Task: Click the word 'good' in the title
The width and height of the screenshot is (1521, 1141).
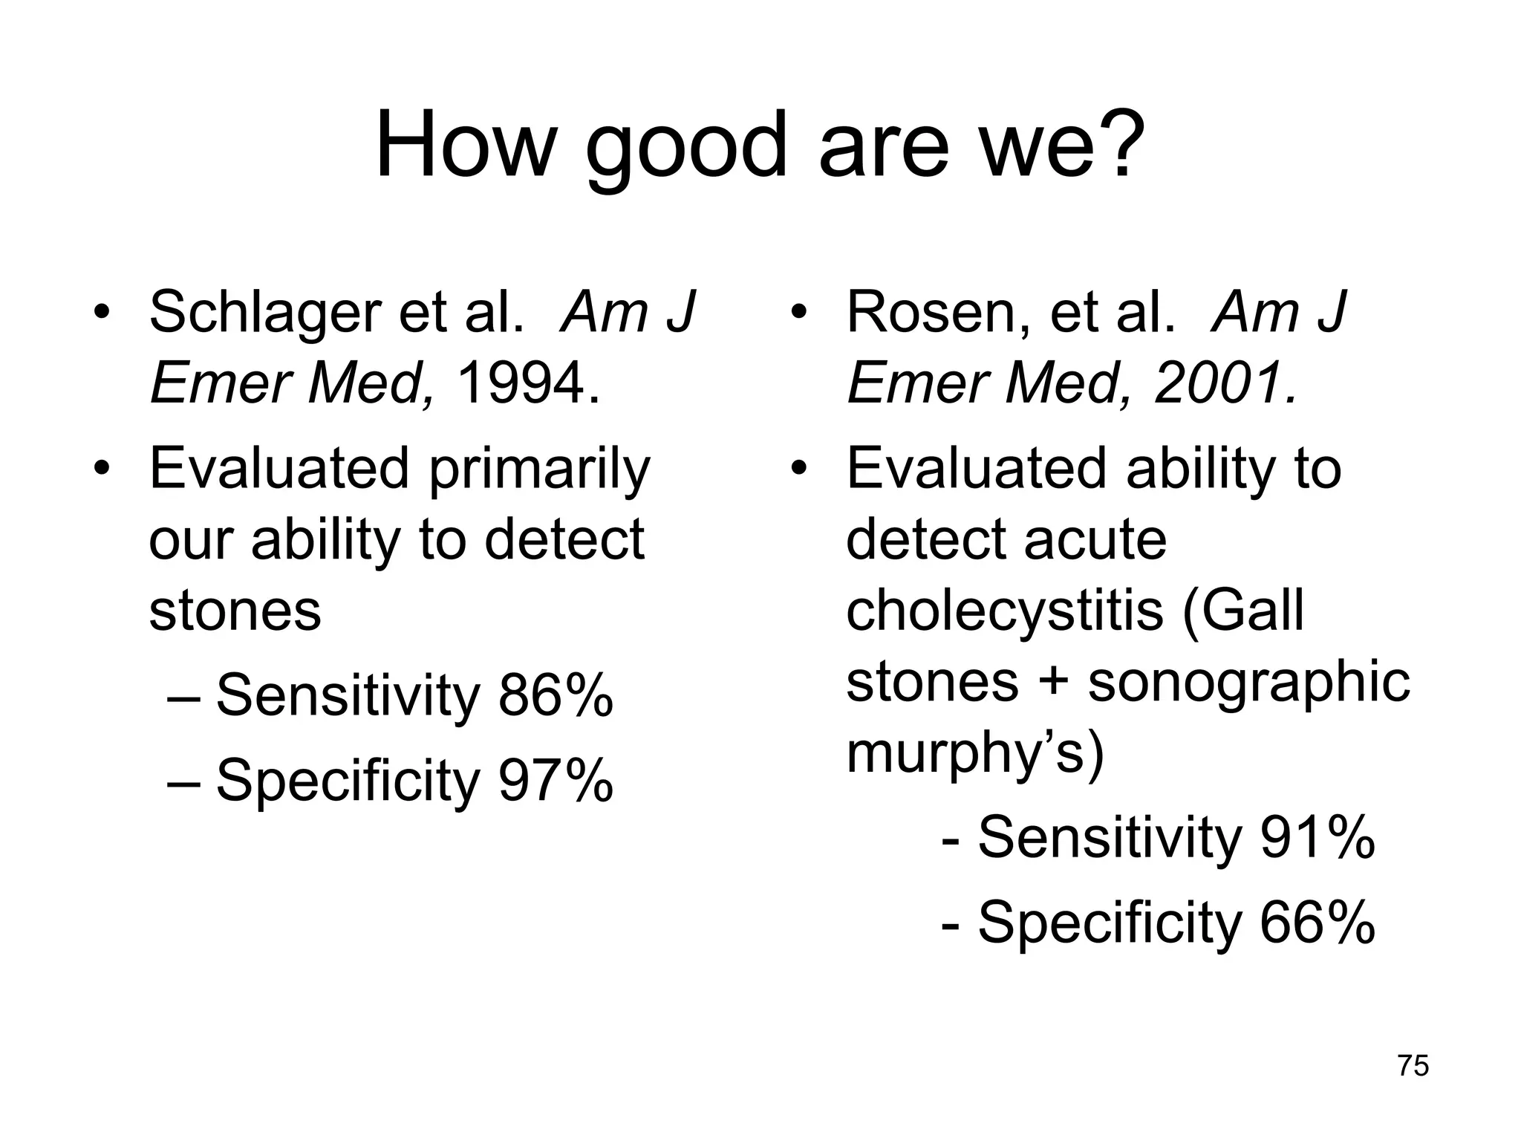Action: (x=685, y=146)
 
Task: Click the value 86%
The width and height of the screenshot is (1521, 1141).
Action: (x=556, y=696)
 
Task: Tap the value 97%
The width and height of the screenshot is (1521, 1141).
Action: (x=556, y=781)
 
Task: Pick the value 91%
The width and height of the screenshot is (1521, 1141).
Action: (x=1318, y=838)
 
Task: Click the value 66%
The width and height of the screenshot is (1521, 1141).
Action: (x=1318, y=923)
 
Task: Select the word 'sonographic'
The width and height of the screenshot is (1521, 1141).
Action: (x=1248, y=682)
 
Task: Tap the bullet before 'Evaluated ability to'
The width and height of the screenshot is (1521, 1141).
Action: (x=798, y=469)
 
